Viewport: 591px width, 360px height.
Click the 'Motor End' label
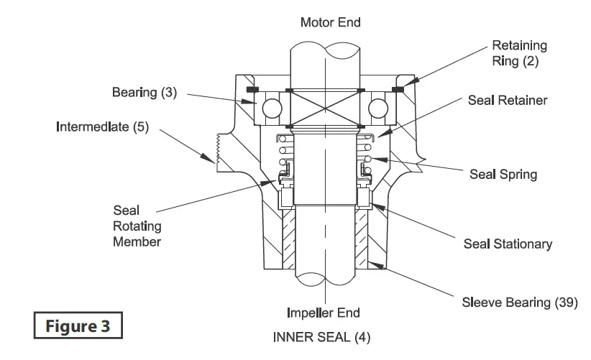(330, 23)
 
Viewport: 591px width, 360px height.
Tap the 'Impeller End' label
(324, 313)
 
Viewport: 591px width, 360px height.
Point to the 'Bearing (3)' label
(144, 93)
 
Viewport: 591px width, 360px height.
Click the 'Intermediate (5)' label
(102, 127)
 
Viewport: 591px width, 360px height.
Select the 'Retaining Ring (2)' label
(519, 53)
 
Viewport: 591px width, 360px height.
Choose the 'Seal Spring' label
(503, 175)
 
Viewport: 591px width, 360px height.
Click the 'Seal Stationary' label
(508, 244)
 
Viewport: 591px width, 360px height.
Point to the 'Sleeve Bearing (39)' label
(519, 302)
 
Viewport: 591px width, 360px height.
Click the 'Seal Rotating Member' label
(137, 226)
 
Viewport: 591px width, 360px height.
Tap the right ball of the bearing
(379, 108)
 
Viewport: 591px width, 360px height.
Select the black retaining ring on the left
(252, 90)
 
